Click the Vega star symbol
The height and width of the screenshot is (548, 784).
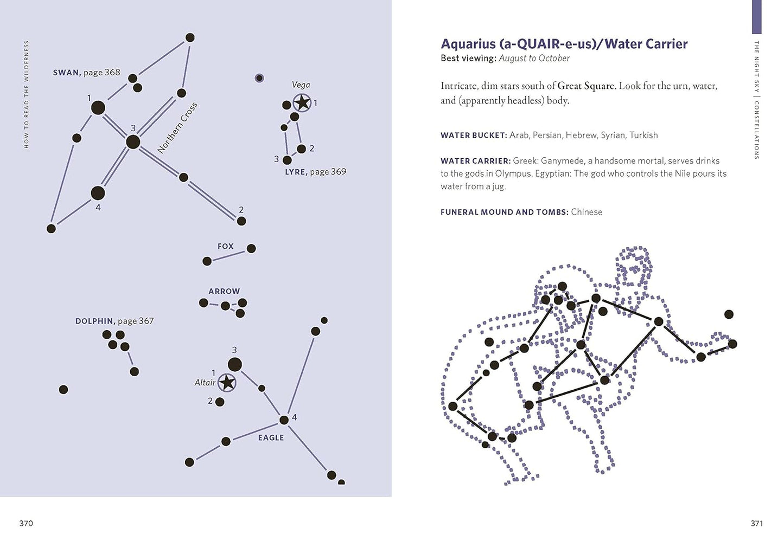pyautogui.click(x=302, y=103)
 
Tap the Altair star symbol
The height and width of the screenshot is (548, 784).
pyautogui.click(x=227, y=383)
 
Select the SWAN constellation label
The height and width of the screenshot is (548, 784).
pyautogui.click(x=67, y=73)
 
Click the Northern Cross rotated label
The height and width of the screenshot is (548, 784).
pyautogui.click(x=177, y=128)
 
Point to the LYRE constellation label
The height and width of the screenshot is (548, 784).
pyautogui.click(x=296, y=172)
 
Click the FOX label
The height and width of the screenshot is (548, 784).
pyautogui.click(x=225, y=246)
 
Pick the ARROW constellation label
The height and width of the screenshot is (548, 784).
pyautogui.click(x=224, y=291)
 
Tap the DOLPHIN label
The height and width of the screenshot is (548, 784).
pyautogui.click(x=94, y=321)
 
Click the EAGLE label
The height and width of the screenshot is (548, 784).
pyautogui.click(x=271, y=438)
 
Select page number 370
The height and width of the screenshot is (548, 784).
pyautogui.click(x=26, y=523)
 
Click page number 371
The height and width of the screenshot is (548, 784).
pyautogui.click(x=757, y=523)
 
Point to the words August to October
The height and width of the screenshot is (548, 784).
pyautogui.click(x=534, y=59)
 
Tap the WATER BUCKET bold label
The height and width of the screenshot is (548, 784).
pyautogui.click(x=474, y=136)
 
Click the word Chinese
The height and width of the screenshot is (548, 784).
pyautogui.click(x=587, y=212)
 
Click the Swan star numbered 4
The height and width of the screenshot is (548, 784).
pyautogui.click(x=98, y=193)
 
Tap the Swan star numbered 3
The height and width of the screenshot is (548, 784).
pyautogui.click(x=133, y=142)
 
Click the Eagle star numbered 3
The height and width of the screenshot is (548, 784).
pyautogui.click(x=234, y=364)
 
